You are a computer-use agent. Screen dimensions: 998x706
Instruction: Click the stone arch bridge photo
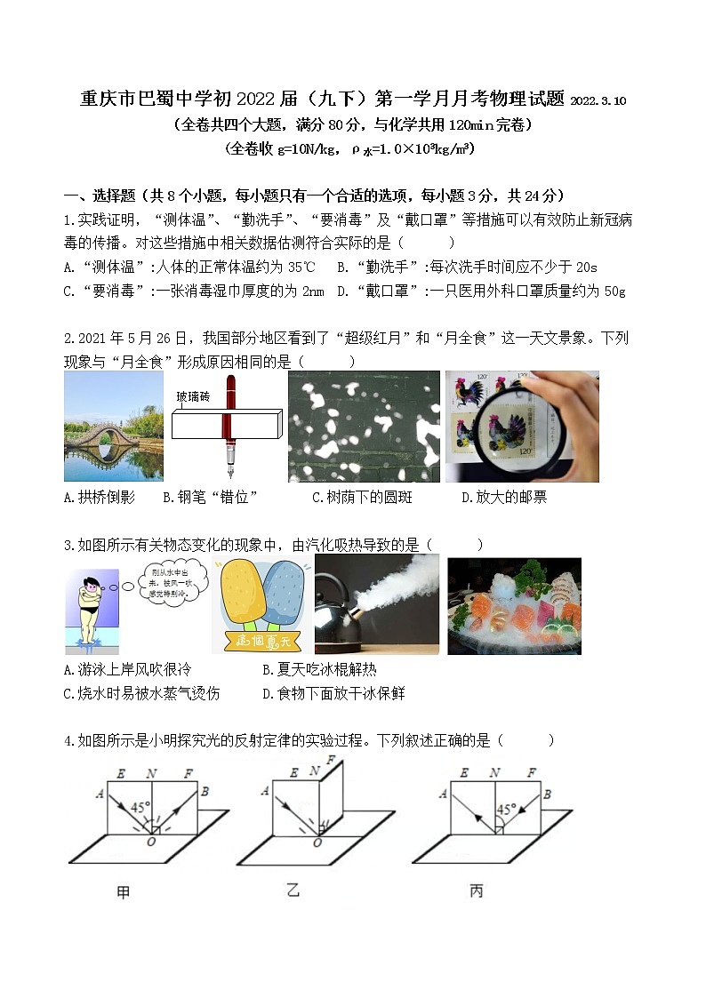pos(114,426)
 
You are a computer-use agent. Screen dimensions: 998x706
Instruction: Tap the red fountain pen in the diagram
pos(229,426)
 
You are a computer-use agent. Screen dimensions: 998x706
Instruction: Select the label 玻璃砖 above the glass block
pos(194,396)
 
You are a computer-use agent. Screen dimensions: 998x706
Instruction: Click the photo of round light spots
pos(364,427)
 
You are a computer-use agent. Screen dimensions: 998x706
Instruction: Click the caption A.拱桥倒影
pos(100,498)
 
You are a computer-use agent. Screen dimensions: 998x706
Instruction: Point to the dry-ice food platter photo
pos(514,606)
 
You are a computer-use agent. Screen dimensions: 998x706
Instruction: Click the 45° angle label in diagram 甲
pos(140,807)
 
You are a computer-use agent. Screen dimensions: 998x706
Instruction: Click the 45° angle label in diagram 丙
pos(506,810)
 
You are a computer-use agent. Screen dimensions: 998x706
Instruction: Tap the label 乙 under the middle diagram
pos(293,890)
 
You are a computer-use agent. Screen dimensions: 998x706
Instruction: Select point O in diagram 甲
pos(151,842)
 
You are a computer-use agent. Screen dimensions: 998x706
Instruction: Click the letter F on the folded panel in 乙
pos(331,761)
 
